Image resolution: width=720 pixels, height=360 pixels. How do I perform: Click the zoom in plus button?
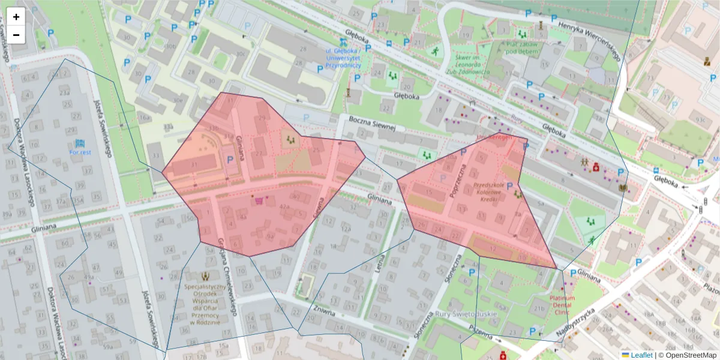click(x=16, y=17)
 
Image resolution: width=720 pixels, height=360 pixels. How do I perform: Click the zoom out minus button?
click(x=16, y=35)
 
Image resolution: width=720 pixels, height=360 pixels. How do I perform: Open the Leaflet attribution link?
click(x=641, y=355)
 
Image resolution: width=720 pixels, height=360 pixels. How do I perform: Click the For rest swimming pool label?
click(x=80, y=152)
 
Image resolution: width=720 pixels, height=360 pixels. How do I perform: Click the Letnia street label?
click(x=380, y=265)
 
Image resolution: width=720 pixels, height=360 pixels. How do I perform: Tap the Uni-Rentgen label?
click(x=494, y=137)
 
